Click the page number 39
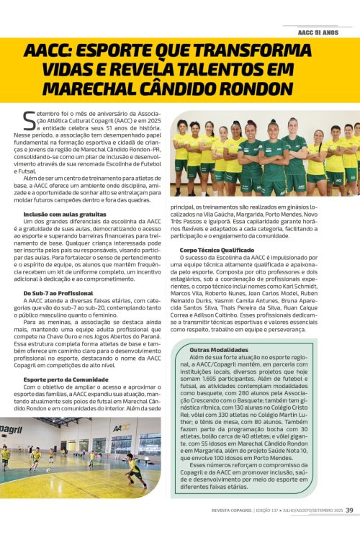(349, 531)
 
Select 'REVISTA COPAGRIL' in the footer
(234, 531)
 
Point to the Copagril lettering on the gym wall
(11, 430)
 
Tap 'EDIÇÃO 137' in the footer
(276, 531)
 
